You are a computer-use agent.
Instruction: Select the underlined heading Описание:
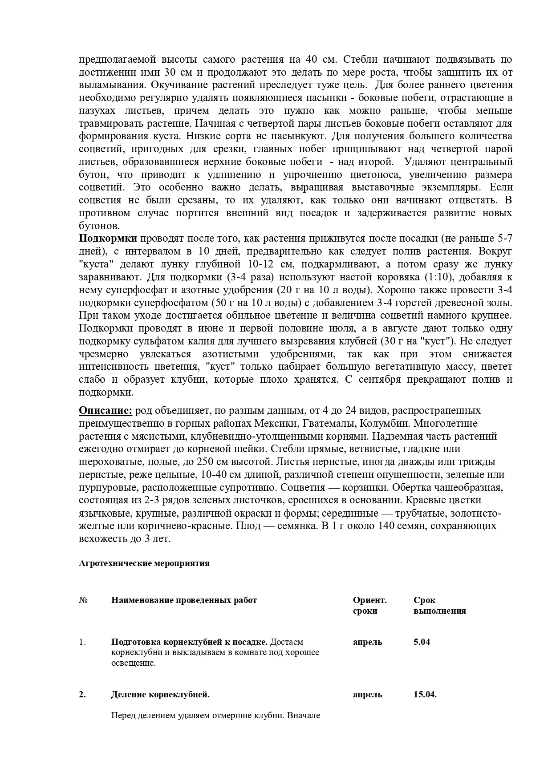[106, 410]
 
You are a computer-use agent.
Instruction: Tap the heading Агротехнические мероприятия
[144, 563]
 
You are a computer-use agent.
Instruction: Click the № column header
[83, 600]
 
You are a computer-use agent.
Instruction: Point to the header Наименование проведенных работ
[184, 600]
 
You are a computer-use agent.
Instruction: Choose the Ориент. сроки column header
[369, 605]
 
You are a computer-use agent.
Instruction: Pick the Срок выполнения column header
[439, 605]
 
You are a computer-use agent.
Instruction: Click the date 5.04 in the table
[422, 642]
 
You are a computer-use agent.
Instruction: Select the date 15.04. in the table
[425, 694]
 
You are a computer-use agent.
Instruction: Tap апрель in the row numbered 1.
[367, 642]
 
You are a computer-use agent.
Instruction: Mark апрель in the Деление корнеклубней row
[367, 694]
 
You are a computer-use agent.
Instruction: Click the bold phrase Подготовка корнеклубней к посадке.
[189, 642]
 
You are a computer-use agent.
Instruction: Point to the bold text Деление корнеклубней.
[160, 694]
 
